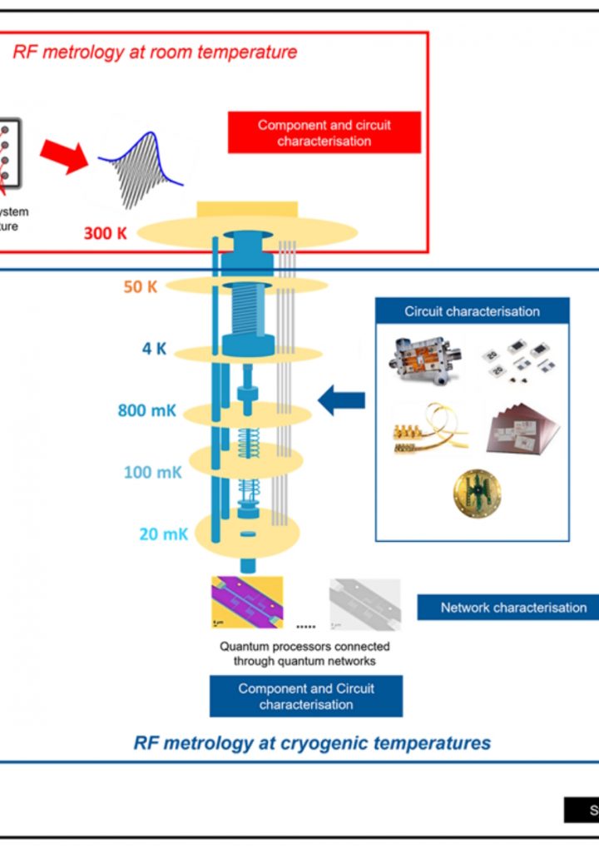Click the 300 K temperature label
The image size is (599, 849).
(106, 233)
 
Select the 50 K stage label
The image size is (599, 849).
(141, 286)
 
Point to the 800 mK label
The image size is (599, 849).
(146, 410)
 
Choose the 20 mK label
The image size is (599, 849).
(163, 534)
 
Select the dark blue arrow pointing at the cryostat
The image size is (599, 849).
(342, 400)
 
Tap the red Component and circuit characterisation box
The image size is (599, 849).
(324, 133)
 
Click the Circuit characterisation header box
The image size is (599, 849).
(472, 312)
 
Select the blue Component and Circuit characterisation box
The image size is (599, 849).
(306, 697)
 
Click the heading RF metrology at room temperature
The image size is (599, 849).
(155, 52)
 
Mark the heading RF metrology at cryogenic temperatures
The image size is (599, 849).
(312, 742)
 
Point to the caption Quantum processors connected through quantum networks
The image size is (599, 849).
(304, 654)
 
